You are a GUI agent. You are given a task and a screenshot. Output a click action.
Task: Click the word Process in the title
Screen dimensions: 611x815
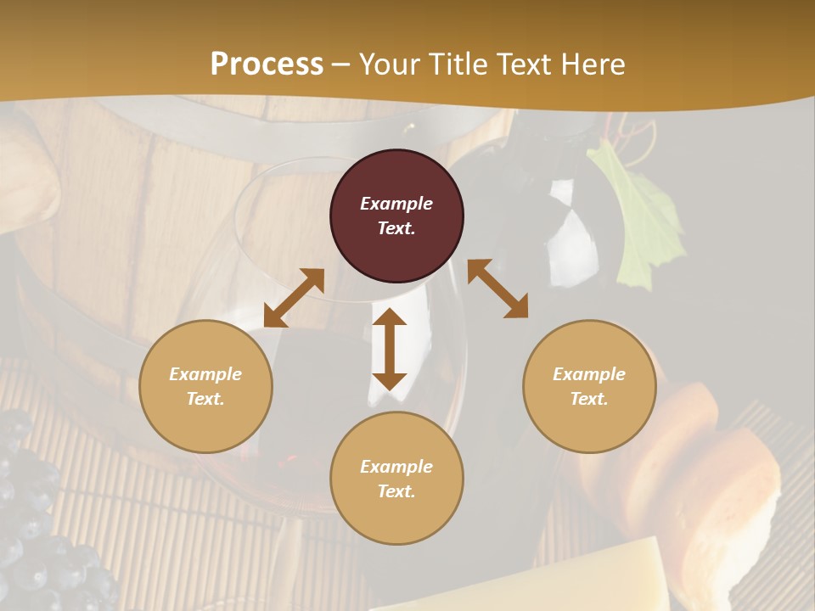(267, 64)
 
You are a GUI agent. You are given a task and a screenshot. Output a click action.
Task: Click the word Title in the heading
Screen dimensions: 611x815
(455, 64)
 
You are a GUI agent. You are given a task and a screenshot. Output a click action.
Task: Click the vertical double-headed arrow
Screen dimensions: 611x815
(390, 349)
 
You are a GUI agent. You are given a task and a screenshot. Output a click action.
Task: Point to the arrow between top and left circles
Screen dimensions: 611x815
(294, 298)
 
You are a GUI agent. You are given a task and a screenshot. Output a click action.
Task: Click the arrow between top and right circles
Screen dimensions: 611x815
(497, 289)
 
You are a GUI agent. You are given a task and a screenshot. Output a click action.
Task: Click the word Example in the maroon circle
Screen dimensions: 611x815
(396, 204)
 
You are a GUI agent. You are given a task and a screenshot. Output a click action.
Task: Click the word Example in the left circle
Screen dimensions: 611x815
(205, 374)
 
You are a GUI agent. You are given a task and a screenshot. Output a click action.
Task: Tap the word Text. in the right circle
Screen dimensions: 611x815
(589, 399)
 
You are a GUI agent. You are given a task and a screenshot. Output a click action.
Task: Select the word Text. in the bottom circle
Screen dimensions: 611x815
(396, 491)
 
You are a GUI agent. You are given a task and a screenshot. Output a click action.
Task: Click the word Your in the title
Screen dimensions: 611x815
(388, 64)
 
